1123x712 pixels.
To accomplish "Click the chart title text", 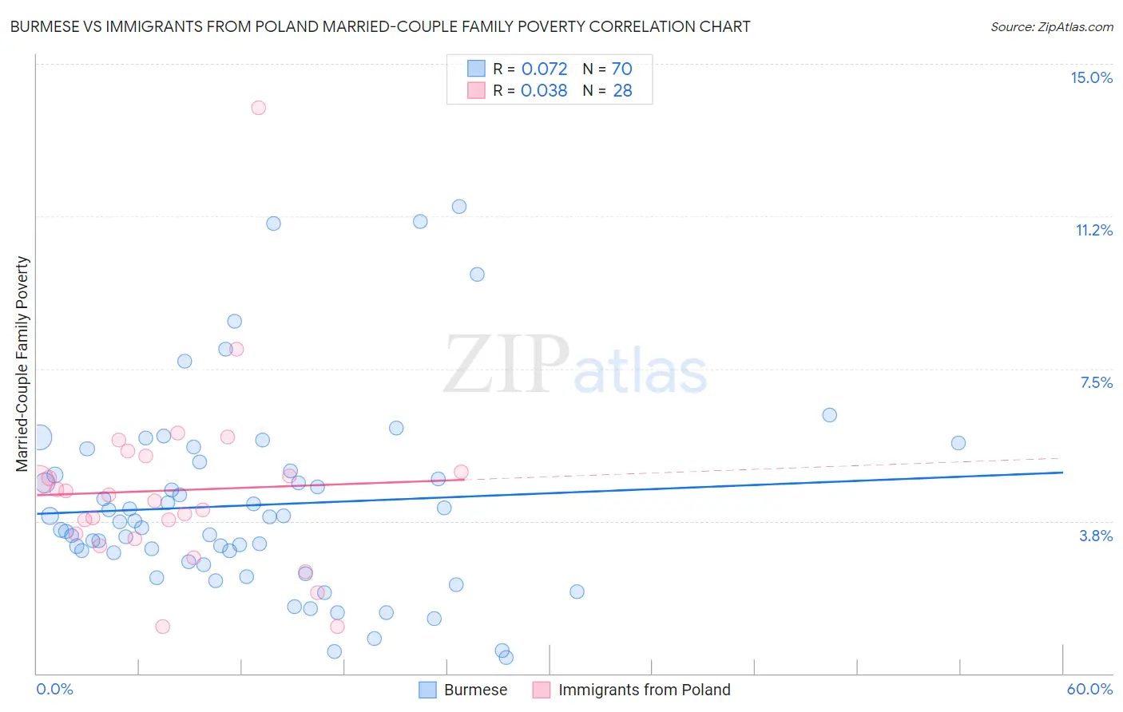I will point(380,26).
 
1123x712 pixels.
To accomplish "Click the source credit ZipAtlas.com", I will point(1051,26).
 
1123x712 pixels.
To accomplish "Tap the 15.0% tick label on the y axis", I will point(1091,77).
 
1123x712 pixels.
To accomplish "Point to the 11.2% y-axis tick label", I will point(1093,230).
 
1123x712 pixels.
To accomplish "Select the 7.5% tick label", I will point(1096,382).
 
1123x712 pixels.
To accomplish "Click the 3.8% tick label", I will point(1096,536).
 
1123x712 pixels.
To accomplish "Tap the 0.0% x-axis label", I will point(54,689).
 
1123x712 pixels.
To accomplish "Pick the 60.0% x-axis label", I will point(1089,689).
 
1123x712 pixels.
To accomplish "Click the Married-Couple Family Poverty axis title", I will point(22,364).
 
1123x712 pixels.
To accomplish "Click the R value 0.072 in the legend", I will point(544,69).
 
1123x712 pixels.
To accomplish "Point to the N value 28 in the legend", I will point(622,91).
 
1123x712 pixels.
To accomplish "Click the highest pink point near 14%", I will point(258,108).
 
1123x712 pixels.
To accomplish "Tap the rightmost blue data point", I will point(958,443).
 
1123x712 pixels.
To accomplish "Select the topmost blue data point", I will point(459,207).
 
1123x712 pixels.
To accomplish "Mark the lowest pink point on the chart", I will point(163,627).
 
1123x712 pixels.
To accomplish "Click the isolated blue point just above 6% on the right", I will point(830,415).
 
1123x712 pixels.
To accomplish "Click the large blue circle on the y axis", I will point(38,437).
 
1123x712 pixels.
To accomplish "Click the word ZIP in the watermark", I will point(506,366).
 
